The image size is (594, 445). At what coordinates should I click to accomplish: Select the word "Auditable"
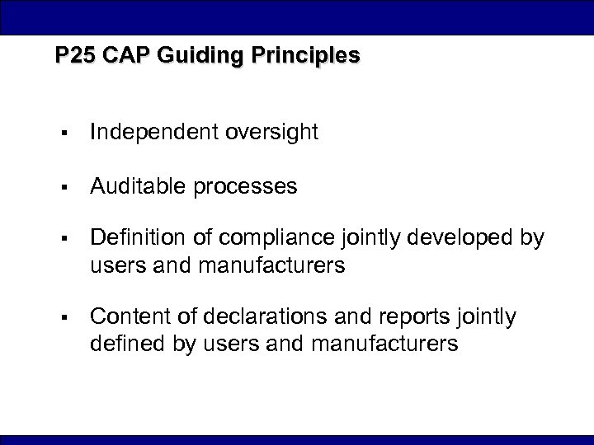138,187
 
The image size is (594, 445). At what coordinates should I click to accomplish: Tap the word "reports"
397,316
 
